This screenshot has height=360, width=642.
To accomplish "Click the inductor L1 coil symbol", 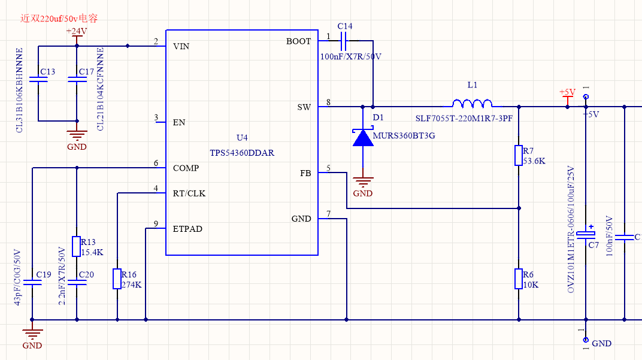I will coord(472,102).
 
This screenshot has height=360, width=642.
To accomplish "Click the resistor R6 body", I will coord(519,279).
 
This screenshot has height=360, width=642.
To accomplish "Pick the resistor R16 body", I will coord(117,279).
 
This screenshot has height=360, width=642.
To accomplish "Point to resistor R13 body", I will coord(76,246).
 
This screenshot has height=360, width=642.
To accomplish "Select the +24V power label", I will coord(76,31).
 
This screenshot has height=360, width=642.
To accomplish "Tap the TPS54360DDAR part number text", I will coord(242,153).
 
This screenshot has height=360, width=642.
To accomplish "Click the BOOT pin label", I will coord(298,41).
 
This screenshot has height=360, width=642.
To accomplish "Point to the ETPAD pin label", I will coord(187,229).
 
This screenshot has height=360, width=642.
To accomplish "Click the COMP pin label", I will coord(186,168).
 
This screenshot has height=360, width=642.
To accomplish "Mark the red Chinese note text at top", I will coord(59,18).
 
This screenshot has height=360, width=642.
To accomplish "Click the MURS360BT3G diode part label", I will coord(404,136).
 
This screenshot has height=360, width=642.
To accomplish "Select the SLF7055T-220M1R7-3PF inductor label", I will coord(464,119).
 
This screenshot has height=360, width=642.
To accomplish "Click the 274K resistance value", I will coord(132,285).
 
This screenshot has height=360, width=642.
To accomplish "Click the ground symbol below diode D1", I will coord(363,180).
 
